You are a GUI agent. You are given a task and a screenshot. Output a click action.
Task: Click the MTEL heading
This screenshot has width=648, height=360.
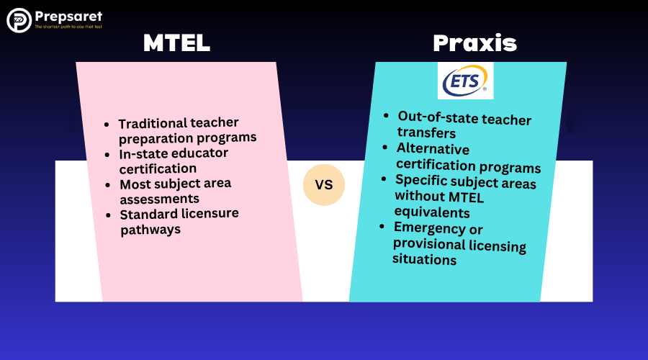[x=177, y=42]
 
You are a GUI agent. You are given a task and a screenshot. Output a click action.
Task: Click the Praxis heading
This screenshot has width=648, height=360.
[x=475, y=43]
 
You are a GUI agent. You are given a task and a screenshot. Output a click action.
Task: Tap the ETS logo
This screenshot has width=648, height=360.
[x=465, y=81]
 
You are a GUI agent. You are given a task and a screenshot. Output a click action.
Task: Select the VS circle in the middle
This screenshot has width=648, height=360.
[x=324, y=185]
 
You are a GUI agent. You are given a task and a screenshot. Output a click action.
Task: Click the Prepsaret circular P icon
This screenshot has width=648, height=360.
[x=19, y=20]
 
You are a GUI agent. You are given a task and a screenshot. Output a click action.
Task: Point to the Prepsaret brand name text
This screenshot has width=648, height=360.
[x=68, y=17]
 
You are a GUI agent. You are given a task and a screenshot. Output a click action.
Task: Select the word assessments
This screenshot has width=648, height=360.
[x=160, y=199]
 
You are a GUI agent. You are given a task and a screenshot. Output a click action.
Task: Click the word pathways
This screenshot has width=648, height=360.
[x=150, y=230]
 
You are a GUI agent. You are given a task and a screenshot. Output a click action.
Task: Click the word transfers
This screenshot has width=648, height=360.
[x=426, y=132]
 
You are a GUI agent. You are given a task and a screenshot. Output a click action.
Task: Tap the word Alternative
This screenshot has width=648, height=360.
[x=433, y=148]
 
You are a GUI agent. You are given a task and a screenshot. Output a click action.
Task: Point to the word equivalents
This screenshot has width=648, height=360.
[x=432, y=212]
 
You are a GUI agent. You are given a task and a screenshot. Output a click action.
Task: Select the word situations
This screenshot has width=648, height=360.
[x=424, y=259]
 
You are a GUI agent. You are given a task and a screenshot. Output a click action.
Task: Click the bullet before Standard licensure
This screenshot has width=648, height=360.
[x=108, y=215]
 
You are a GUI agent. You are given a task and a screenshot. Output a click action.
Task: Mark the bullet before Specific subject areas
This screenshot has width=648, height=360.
[x=384, y=179]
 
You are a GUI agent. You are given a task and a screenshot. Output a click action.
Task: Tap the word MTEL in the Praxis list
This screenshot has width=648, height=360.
[x=466, y=197]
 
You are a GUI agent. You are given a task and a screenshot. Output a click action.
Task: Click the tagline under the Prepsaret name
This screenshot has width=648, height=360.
[x=68, y=27]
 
